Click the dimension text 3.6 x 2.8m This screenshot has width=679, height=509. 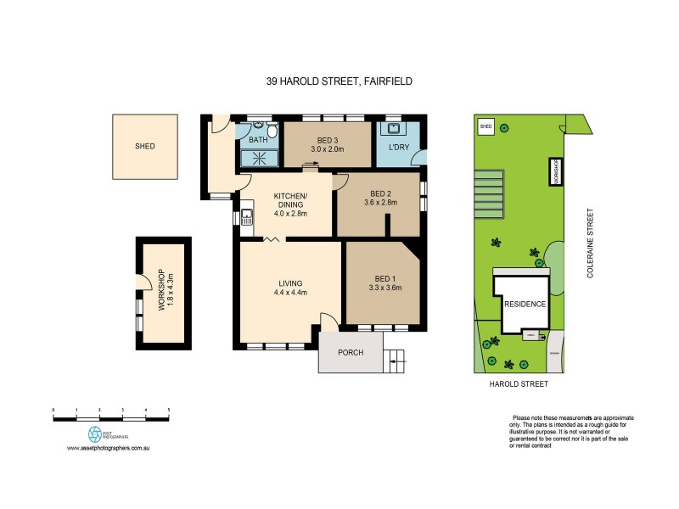tap(380, 203)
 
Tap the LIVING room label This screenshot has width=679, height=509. tap(290, 283)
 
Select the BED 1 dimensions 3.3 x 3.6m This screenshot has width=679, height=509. tap(383, 288)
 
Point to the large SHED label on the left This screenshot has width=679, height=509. tap(145, 146)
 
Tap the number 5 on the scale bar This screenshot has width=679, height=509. tap(169, 410)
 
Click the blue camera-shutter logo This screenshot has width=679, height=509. tap(94, 433)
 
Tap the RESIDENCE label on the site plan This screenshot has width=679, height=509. tap(525, 304)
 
